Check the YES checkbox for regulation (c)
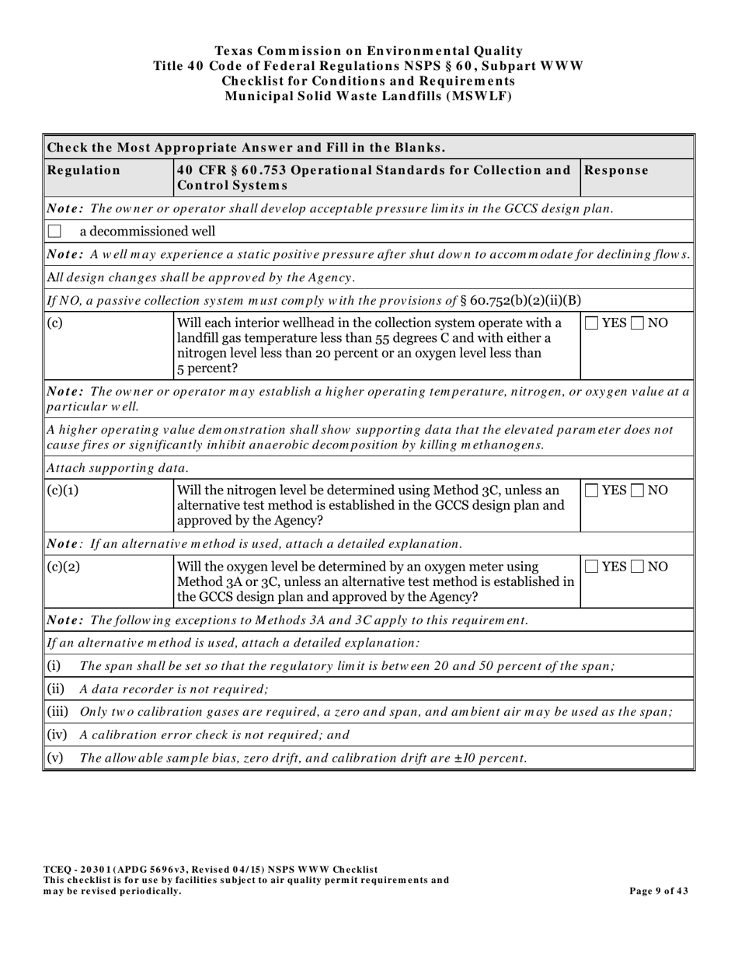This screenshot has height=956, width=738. pos(591,323)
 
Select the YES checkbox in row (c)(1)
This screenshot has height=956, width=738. pos(591,490)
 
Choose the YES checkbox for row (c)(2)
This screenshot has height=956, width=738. pos(591,567)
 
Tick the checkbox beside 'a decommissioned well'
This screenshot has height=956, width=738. pos(54,232)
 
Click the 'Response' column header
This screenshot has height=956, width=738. pos(616,170)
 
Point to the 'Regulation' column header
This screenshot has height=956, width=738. pos(84,170)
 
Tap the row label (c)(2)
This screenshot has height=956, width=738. pos(64,567)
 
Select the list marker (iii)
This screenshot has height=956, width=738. pos(57,712)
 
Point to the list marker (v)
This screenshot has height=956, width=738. pos(54,758)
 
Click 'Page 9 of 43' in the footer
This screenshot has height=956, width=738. pos(658,891)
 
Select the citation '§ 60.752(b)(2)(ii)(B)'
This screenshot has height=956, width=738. pos(515,301)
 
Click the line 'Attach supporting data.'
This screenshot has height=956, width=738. pos(117,468)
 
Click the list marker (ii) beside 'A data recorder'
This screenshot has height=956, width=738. pos(55,689)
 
